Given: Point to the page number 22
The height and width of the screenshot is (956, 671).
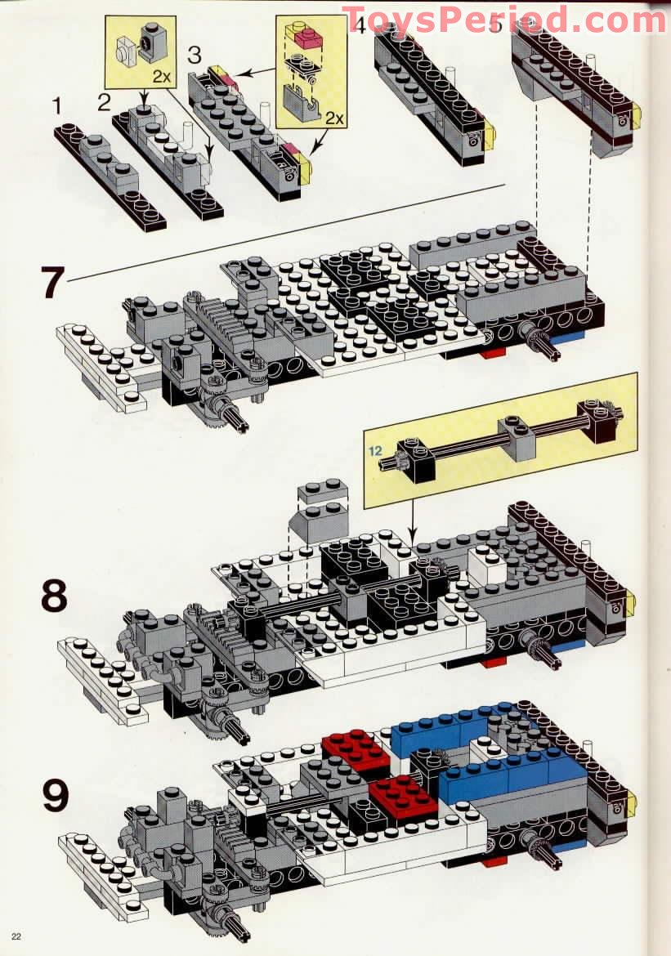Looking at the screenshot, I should [16, 936].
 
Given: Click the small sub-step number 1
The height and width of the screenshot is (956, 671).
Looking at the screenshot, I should [57, 105].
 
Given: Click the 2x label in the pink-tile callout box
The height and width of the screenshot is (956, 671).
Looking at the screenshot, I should [333, 118].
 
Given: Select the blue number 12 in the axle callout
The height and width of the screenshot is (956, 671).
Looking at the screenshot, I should [374, 450].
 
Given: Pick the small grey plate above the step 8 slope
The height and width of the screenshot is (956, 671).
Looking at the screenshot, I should [321, 492].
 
